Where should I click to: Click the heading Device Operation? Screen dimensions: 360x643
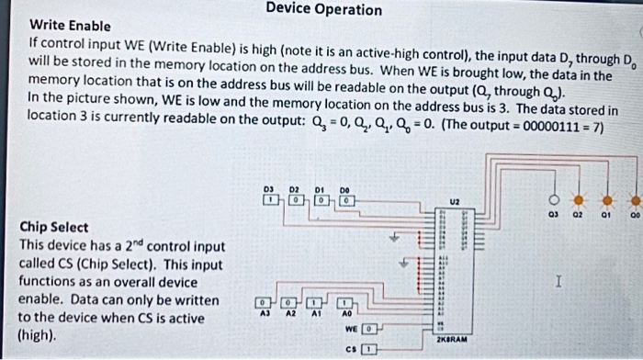tap(323, 9)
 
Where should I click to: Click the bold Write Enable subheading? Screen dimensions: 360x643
tap(71, 25)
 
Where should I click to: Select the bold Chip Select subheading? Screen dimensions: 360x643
tap(55, 227)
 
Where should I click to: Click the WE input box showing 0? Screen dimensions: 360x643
tap(368, 327)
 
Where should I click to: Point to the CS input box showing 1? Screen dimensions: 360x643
tap(368, 349)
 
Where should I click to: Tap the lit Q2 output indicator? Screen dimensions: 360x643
tap(580, 201)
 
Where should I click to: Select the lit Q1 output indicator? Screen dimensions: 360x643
tap(607, 201)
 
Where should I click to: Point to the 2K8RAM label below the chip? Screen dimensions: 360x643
tap(453, 339)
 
